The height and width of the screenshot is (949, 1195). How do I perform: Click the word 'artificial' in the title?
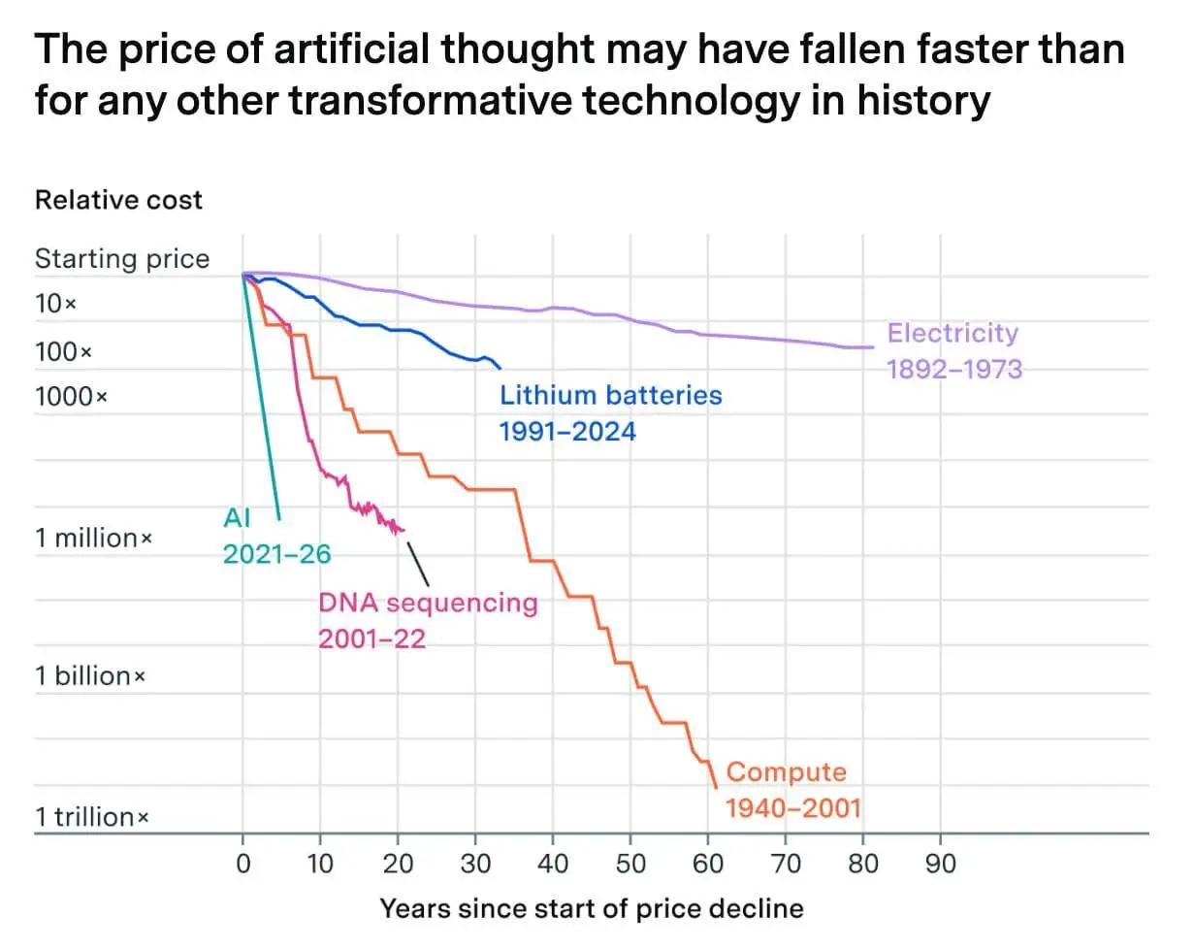tap(351, 49)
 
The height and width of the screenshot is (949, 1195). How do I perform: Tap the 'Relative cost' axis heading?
tap(118, 200)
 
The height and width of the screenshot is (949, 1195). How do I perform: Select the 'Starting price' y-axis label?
tap(122, 259)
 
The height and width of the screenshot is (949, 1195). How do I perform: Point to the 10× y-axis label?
tap(55, 304)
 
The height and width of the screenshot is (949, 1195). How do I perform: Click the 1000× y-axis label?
tap(71, 397)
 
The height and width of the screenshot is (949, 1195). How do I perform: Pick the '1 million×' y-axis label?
tap(93, 538)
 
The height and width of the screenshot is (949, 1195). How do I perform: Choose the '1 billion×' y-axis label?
tap(90, 676)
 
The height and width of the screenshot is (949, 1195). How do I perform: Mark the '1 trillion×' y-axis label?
tap(92, 817)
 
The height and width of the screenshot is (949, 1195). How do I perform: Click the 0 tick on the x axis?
tap(243, 864)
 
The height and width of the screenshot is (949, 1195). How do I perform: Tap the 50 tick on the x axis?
tap(630, 864)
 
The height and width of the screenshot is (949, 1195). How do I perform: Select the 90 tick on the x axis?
tap(941, 864)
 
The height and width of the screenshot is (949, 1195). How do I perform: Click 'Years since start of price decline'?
tap(592, 909)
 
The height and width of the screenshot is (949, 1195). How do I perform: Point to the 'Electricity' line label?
tap(953, 334)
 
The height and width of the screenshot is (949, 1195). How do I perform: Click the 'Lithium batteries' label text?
tap(611, 396)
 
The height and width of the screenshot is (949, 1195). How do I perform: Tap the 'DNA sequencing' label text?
tap(428, 604)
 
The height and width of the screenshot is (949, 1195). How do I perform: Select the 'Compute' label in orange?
tap(787, 772)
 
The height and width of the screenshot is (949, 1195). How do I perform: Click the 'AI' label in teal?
tap(237, 518)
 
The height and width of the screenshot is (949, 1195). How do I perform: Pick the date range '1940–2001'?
tap(793, 808)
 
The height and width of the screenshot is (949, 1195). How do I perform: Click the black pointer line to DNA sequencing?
tap(418, 564)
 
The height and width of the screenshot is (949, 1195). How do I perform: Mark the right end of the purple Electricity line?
tap(874, 347)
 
